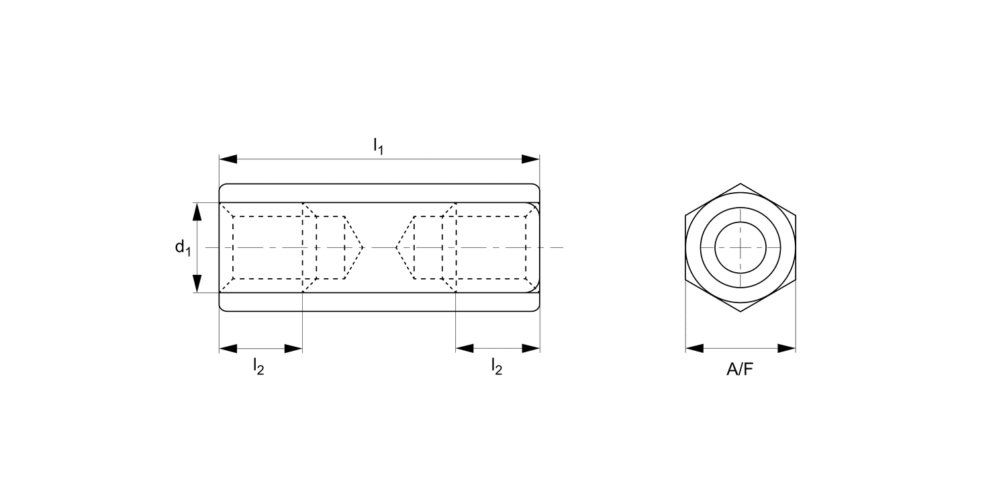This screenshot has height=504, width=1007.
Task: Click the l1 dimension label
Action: click(x=379, y=146)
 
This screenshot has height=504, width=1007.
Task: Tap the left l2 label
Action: click(x=258, y=366)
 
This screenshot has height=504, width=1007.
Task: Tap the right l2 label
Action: click(x=497, y=366)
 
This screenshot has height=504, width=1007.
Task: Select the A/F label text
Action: click(x=740, y=370)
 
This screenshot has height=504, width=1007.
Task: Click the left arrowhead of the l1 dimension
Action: click(x=228, y=159)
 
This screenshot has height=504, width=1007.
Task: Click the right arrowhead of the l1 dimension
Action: click(x=531, y=159)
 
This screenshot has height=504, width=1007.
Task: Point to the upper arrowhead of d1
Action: click(x=197, y=212)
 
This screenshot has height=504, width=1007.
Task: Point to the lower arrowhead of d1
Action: click(x=197, y=283)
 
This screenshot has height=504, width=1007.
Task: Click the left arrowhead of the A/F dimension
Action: click(x=694, y=348)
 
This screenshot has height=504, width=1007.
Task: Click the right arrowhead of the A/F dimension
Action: click(x=787, y=348)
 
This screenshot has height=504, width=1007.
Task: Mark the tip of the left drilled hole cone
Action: click(x=363, y=248)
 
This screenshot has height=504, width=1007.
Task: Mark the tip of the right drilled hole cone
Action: click(x=396, y=248)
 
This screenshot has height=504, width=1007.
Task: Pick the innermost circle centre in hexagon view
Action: click(x=740, y=248)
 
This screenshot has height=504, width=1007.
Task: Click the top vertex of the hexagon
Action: click(x=740, y=183)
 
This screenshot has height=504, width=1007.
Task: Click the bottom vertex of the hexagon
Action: click(x=740, y=312)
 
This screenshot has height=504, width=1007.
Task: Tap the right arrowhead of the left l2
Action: click(x=294, y=348)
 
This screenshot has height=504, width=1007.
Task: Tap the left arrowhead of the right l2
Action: click(x=465, y=348)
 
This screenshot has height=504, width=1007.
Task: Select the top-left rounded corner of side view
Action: click(x=222, y=186)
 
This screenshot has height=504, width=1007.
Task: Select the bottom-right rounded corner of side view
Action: click(x=536, y=308)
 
